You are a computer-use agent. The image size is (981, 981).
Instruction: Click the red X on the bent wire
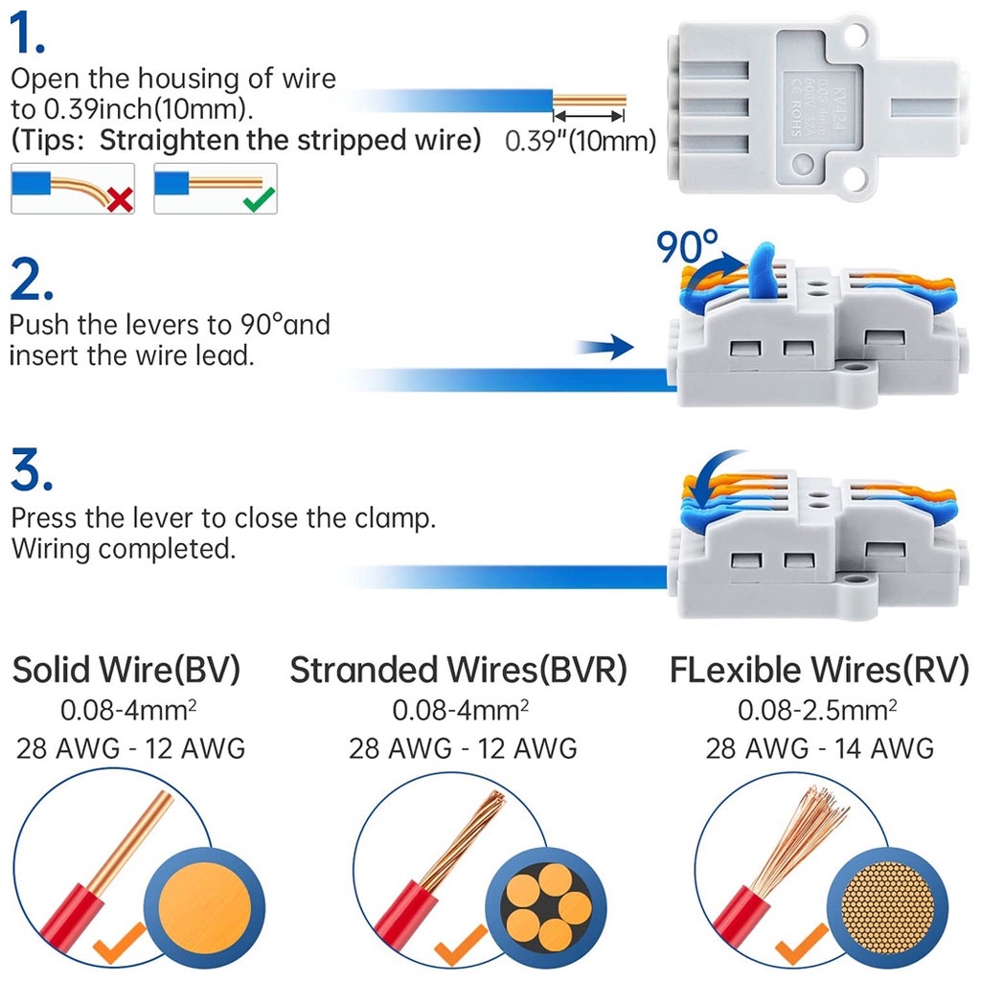(x=121, y=198)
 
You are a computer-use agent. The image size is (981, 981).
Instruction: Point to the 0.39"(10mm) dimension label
(x=580, y=142)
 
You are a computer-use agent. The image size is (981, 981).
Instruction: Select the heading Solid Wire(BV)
(x=126, y=670)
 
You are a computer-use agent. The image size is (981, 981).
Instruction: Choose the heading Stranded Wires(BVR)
(x=459, y=670)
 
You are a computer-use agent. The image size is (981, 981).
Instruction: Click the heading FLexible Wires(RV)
(x=819, y=670)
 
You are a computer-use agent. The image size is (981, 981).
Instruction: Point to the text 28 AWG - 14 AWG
(x=819, y=747)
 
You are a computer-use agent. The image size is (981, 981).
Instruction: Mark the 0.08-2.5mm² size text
(x=817, y=710)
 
